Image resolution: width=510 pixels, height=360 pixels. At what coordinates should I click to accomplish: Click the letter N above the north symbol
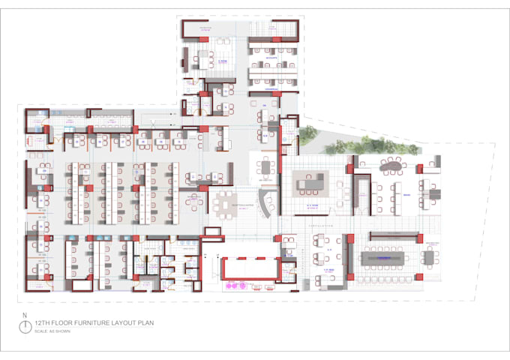[x=25, y=315]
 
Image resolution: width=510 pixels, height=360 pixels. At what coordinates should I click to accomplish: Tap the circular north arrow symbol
[x=25, y=326]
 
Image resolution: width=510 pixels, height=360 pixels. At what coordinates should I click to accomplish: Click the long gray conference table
[x=386, y=258]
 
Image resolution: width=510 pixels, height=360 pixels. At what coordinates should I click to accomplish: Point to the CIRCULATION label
[x=320, y=223]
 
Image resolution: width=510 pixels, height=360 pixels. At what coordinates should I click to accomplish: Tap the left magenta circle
[x=231, y=286]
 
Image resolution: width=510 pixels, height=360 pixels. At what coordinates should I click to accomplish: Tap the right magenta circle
[x=243, y=286]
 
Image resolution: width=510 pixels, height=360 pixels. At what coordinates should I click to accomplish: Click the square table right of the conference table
[x=428, y=259]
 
